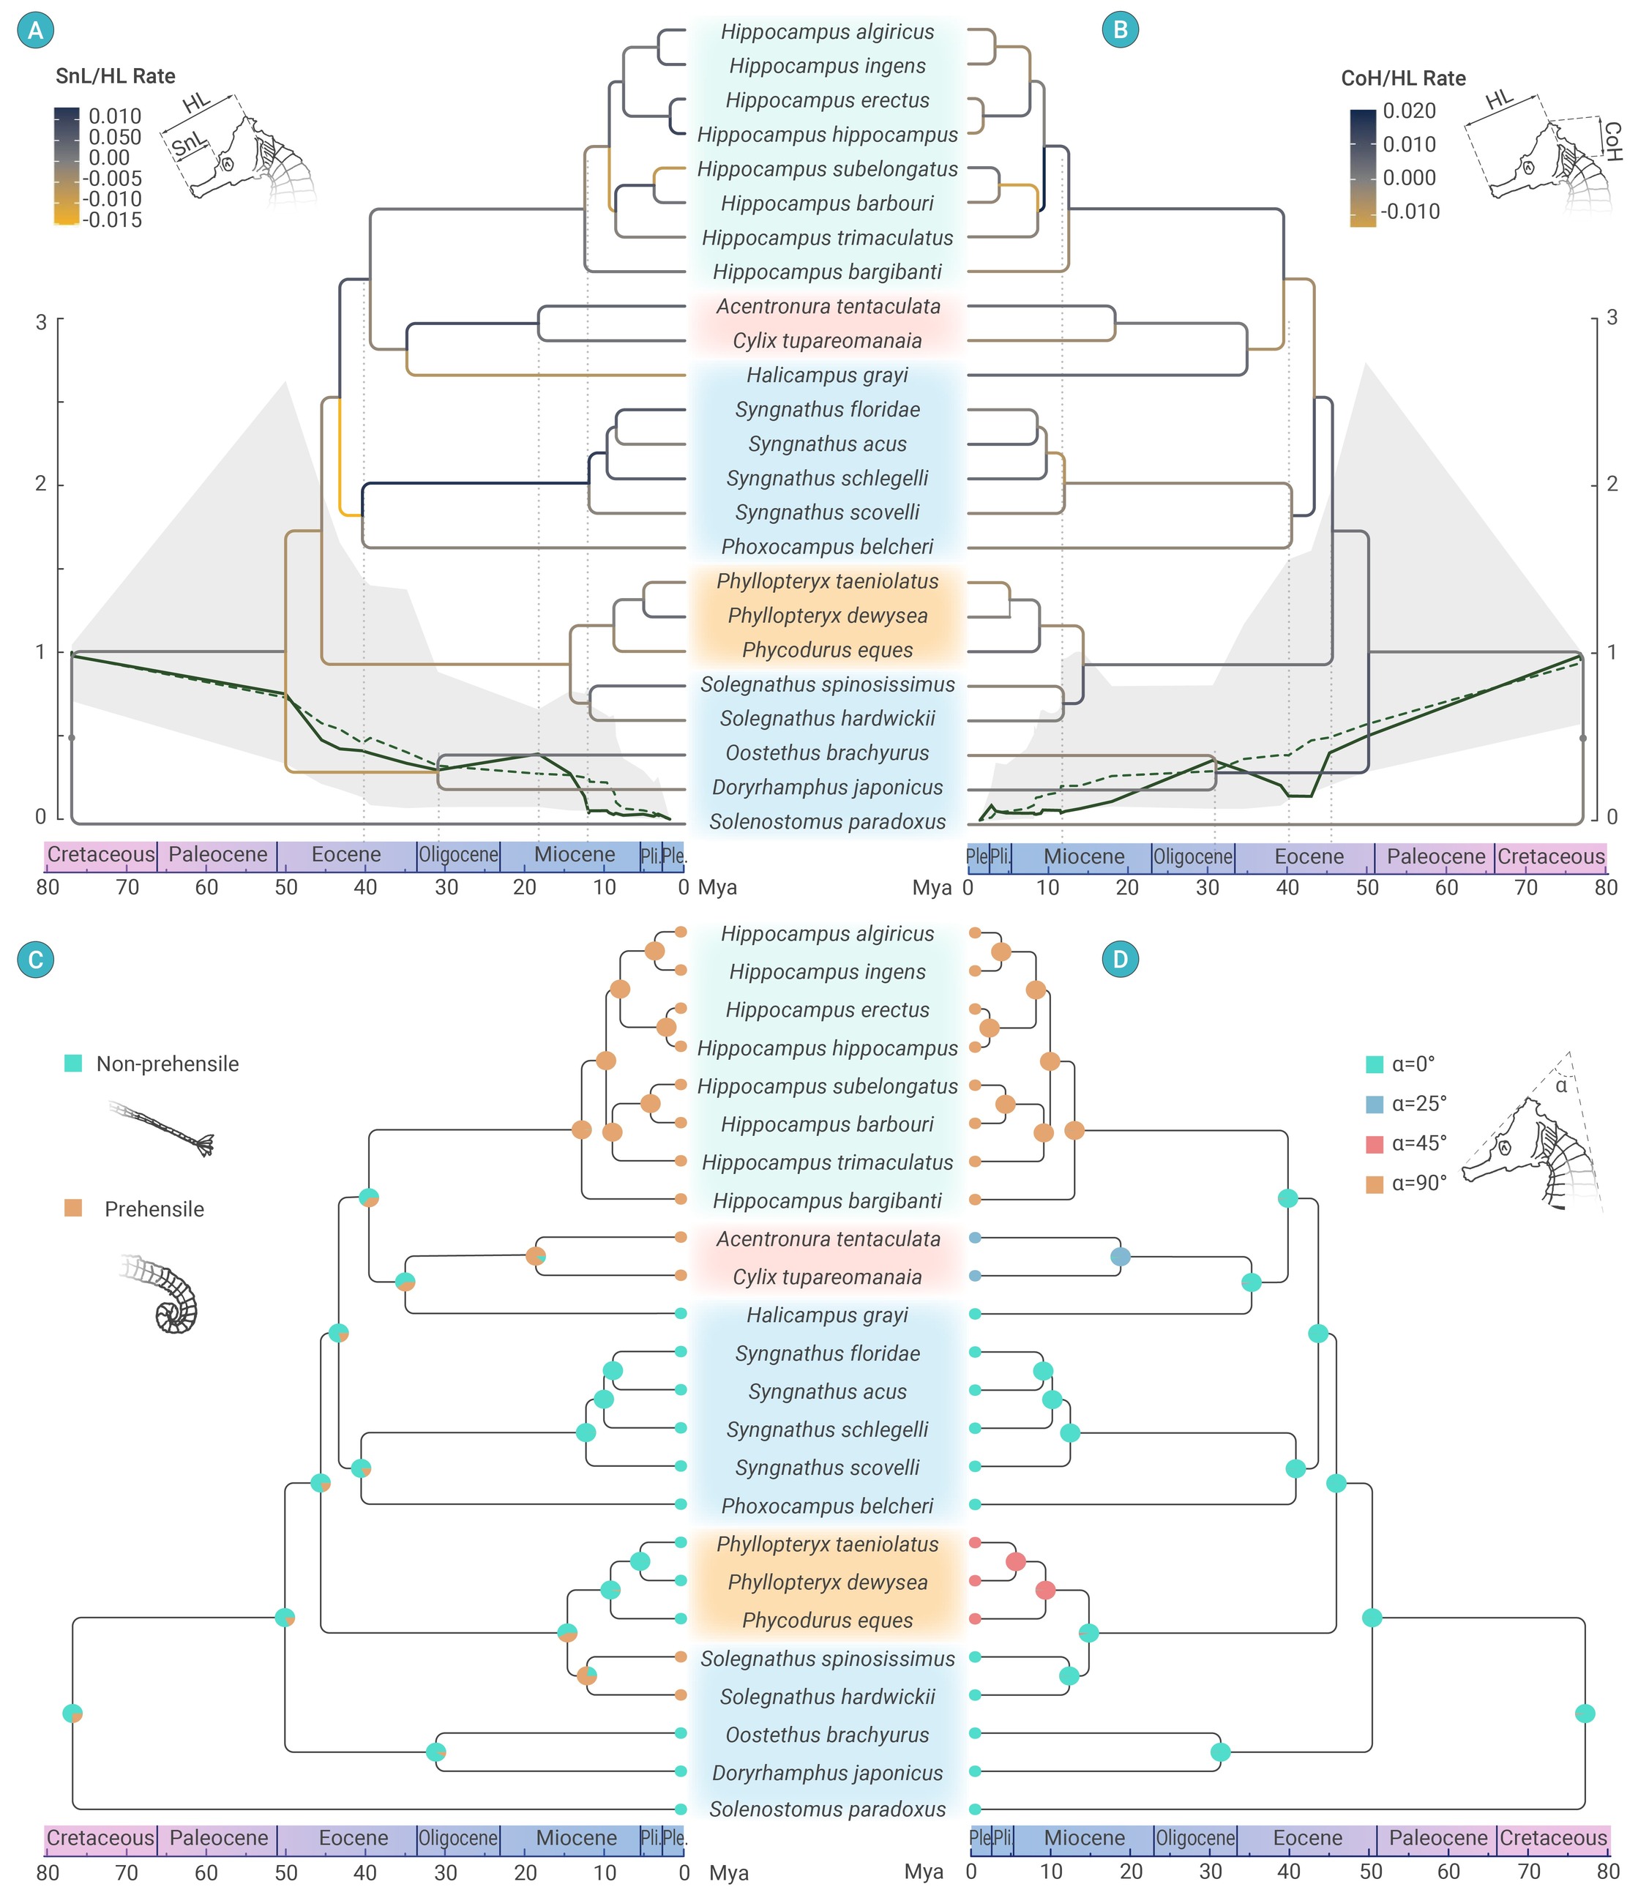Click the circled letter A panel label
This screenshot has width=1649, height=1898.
[x=36, y=30]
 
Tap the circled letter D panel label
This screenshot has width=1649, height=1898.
[x=1120, y=960]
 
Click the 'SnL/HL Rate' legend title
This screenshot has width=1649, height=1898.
[x=115, y=76]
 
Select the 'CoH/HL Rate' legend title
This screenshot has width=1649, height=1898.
[x=1403, y=78]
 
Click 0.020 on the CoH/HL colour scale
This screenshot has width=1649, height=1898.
[x=1409, y=111]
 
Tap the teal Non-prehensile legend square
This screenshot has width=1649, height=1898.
[x=72, y=1064]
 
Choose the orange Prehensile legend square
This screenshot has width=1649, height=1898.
[x=72, y=1208]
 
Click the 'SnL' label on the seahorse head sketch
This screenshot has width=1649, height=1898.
[x=189, y=143]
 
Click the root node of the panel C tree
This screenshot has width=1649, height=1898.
[x=72, y=1713]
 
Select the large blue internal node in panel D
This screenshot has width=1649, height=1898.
[x=1120, y=1257]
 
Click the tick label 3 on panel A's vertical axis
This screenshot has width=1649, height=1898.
[x=40, y=322]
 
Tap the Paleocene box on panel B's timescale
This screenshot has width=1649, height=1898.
[x=1435, y=857]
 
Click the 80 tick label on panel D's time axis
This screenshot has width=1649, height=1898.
[x=1607, y=1872]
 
